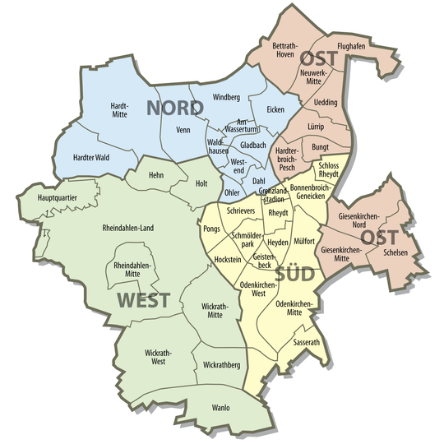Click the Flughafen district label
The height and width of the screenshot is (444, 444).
(x=351, y=48)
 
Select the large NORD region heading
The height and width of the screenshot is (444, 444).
(x=175, y=108)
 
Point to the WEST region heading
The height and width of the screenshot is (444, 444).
(x=143, y=299)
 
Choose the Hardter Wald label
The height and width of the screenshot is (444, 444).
(x=90, y=156)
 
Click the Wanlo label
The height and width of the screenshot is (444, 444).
(x=220, y=408)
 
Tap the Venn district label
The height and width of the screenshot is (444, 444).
(x=183, y=129)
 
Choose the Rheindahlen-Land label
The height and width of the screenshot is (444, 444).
(x=128, y=228)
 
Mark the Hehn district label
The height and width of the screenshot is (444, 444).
(x=157, y=175)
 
